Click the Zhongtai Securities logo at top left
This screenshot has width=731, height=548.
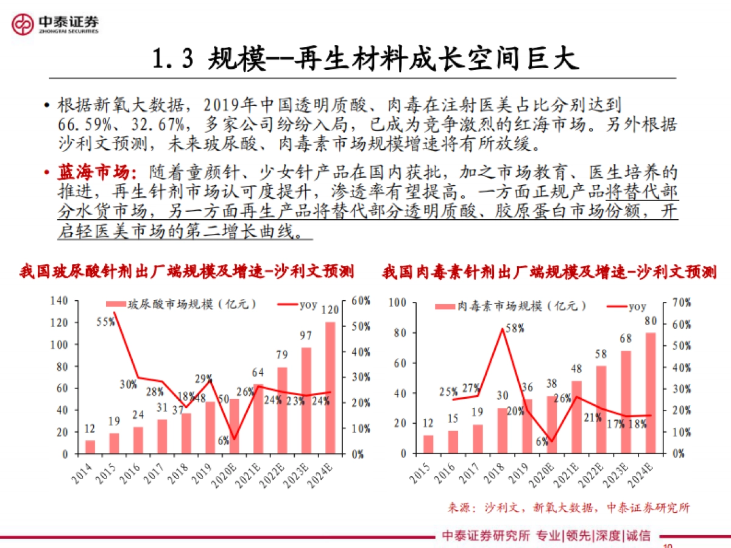tap(55, 24)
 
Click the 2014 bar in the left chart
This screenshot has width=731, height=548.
tap(90, 447)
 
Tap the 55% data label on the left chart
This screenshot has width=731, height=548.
tap(106, 322)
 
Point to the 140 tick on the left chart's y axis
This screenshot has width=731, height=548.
tap(58, 301)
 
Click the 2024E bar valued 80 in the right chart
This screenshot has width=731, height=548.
tap(650, 393)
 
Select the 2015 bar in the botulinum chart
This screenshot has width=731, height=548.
tap(428, 444)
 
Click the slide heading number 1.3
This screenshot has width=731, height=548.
tap(173, 59)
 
